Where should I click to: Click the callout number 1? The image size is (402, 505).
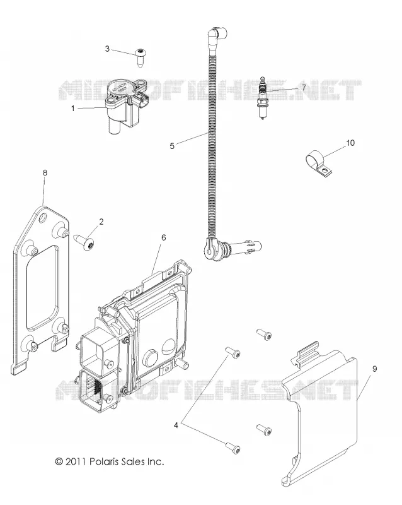click(x=72, y=109)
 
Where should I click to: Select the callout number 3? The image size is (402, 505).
click(x=107, y=49)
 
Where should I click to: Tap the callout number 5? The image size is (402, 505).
click(x=172, y=146)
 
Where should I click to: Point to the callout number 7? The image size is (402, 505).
click(x=304, y=87)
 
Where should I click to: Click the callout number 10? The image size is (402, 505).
click(x=350, y=143)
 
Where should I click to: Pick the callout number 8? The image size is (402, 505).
click(x=45, y=173)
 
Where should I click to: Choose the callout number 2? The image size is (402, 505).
click(x=101, y=222)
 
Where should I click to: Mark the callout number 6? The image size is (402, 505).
click(x=164, y=237)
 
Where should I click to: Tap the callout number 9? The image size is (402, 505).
click(x=374, y=369)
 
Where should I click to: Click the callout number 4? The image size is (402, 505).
click(x=176, y=425)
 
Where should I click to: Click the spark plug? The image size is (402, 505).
click(x=263, y=98)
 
